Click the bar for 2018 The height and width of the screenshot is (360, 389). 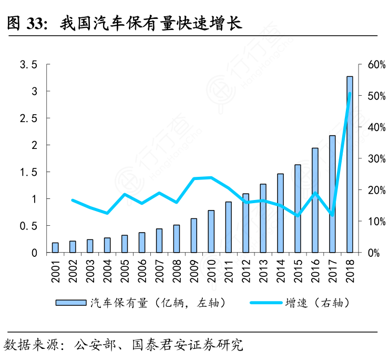[x=350, y=164]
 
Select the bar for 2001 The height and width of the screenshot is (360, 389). [x=55, y=247]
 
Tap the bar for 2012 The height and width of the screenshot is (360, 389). [x=245, y=223]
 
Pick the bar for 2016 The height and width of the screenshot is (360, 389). [x=315, y=200]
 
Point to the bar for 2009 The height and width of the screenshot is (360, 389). [x=194, y=235]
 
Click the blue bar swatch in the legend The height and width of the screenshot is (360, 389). [x=71, y=303]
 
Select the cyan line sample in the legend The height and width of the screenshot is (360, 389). [x=266, y=303]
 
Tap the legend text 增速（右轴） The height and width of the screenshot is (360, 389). [x=317, y=303]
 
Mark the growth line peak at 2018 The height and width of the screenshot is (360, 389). [x=350, y=94]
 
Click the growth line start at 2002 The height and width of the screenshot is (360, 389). [x=73, y=201]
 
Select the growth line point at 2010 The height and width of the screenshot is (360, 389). [x=211, y=177]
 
